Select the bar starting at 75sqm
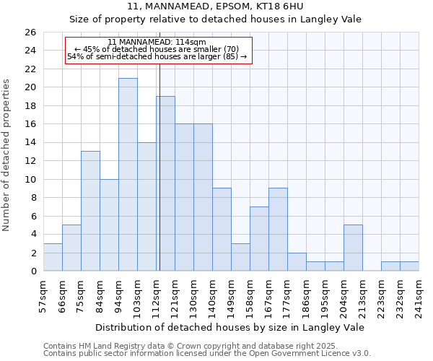tap(90, 211)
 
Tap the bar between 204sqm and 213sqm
tap(353, 248)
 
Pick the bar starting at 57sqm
tap(53, 257)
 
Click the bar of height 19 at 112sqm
tap(165, 183)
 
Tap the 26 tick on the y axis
tap(30, 32)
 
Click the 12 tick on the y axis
tap(30, 161)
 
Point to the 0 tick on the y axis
tap(32, 271)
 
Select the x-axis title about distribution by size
tap(230, 327)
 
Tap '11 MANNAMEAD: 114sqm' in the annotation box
tap(157, 43)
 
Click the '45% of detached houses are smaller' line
tap(157, 49)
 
